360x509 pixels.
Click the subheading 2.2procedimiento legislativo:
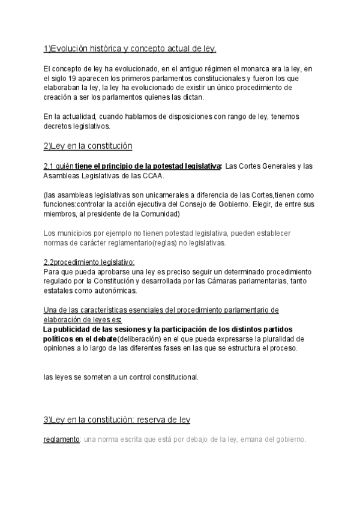click(x=89, y=262)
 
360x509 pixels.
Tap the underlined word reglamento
click(x=62, y=439)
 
